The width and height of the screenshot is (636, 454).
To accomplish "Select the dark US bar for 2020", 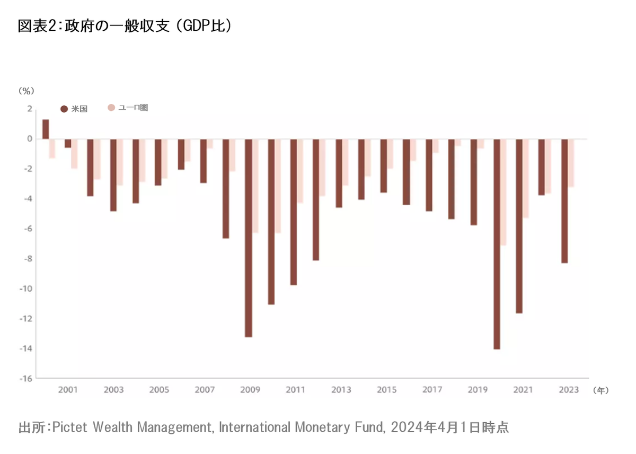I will [497, 244].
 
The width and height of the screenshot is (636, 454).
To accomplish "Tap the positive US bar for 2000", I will [46, 129].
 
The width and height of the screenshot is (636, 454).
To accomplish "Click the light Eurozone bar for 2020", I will [503, 192].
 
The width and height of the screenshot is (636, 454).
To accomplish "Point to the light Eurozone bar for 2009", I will [255, 186].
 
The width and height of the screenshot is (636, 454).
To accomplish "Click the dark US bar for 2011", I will [293, 212].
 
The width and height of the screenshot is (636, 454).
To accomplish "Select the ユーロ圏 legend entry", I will [128, 108].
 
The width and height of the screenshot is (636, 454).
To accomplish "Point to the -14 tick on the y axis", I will [25, 348].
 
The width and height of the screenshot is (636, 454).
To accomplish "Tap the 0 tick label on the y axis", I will [30, 139].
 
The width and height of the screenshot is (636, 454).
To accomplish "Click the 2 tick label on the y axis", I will [30, 109].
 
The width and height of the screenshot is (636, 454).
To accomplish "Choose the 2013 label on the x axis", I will [341, 390].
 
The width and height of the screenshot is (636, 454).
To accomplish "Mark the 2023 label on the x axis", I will [569, 390].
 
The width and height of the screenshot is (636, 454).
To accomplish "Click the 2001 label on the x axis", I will [68, 390].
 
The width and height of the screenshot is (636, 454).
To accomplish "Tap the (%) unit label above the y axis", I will [26, 91].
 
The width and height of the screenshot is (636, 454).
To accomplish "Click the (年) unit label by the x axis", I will [601, 390].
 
